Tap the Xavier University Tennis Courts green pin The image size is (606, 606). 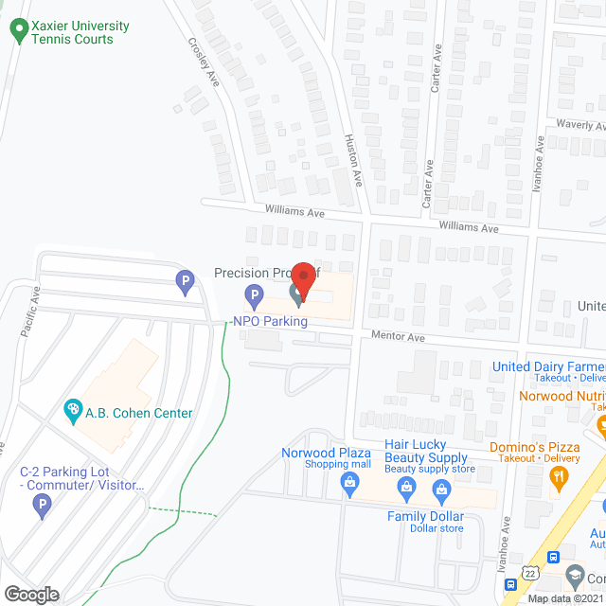point(17,32)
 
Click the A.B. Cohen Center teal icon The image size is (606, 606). point(71,412)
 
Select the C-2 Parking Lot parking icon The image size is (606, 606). point(42,507)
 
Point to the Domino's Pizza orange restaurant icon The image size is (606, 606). point(560,477)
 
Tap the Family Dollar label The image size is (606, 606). point(425,517)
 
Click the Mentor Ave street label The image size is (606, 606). point(399,336)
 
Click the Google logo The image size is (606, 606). point(31,594)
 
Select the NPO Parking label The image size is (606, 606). point(270,321)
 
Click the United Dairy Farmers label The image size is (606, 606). point(548,366)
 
